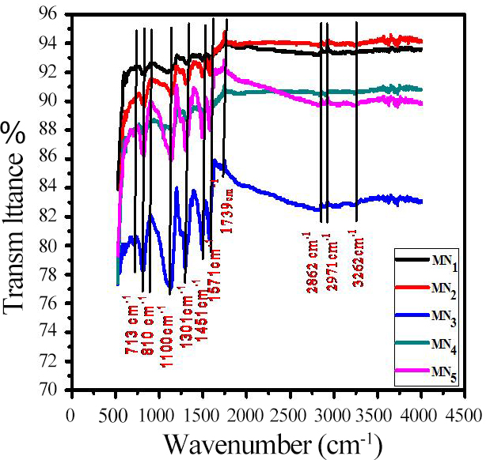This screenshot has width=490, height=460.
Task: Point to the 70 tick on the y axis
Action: coord(57,390)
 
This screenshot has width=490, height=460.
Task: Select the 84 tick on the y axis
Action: coord(57,188)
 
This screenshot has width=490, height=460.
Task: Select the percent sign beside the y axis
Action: coord(15,131)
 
